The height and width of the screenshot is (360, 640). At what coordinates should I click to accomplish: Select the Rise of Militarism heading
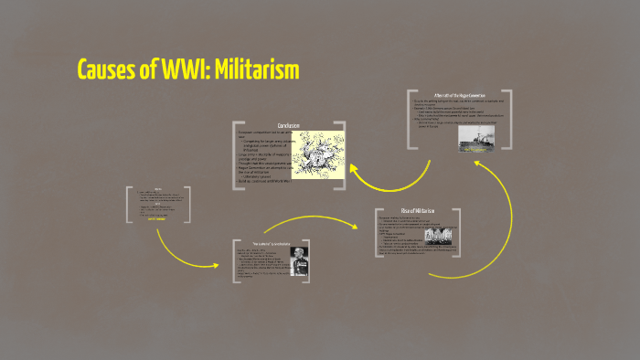pos(418,212)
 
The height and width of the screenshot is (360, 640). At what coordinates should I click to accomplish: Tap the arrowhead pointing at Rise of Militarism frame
pos(374,220)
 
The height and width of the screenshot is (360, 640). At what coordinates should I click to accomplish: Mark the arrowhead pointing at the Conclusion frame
pos(341,168)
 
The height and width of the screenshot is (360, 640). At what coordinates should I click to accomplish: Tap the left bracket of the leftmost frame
pos(129,206)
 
